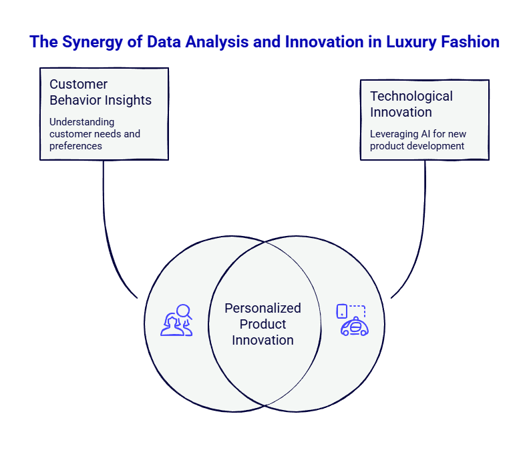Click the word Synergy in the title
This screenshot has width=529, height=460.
[x=94, y=43]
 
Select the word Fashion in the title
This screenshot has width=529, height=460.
[x=469, y=43]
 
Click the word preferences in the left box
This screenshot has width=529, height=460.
[x=75, y=145]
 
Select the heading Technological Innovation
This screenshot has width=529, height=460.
[x=411, y=104]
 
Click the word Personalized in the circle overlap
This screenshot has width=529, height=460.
[x=262, y=309]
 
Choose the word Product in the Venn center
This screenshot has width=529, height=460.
[x=262, y=325]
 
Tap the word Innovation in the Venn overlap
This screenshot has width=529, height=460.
[x=262, y=340]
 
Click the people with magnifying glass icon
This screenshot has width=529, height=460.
[x=176, y=320]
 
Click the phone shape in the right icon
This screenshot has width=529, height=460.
[x=342, y=311]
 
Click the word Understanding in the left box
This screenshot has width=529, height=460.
[x=81, y=122]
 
